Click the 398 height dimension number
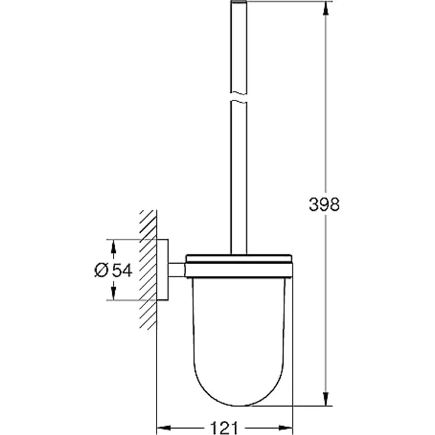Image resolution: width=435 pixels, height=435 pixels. (x=324, y=204)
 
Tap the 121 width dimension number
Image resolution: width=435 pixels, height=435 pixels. (x=225, y=427)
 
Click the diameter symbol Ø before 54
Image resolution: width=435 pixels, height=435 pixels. (x=100, y=270)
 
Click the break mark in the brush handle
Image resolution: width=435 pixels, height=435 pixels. (x=239, y=94)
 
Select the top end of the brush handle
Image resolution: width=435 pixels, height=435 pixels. (x=239, y=4)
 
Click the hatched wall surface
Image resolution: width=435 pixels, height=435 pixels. (x=148, y=270)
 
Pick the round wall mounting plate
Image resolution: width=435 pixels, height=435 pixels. (x=163, y=270)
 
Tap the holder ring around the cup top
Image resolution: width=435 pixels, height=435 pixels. (x=239, y=271)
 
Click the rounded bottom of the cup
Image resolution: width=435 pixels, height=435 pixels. (x=239, y=396)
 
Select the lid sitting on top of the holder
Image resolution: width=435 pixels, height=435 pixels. (x=239, y=258)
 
